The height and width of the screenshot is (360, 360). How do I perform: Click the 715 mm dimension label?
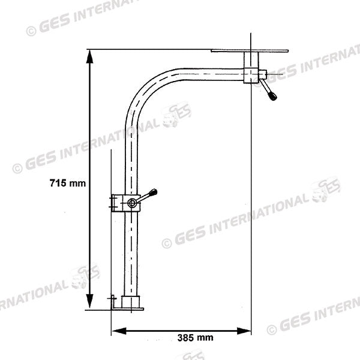tap(67, 183)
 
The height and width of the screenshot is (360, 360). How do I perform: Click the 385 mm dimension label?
tap(195, 338)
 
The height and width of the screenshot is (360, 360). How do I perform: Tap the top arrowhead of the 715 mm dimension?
tap(90, 56)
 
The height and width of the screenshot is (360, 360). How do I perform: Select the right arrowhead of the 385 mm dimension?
tap(244, 331)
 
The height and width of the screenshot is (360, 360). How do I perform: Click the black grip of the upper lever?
tap(273, 96)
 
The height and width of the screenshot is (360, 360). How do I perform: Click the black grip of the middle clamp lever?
tap(153, 192)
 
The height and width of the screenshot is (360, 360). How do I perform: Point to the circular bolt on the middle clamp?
tap(132, 203)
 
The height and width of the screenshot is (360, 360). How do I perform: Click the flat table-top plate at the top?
tap(250, 51)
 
